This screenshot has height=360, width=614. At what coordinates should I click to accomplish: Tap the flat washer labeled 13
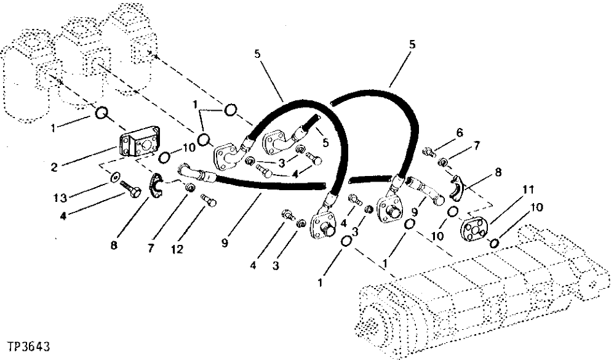click(115, 178)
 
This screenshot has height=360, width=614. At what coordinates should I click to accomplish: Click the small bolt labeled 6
click(429, 152)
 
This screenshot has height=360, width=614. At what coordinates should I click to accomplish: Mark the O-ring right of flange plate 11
click(494, 243)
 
